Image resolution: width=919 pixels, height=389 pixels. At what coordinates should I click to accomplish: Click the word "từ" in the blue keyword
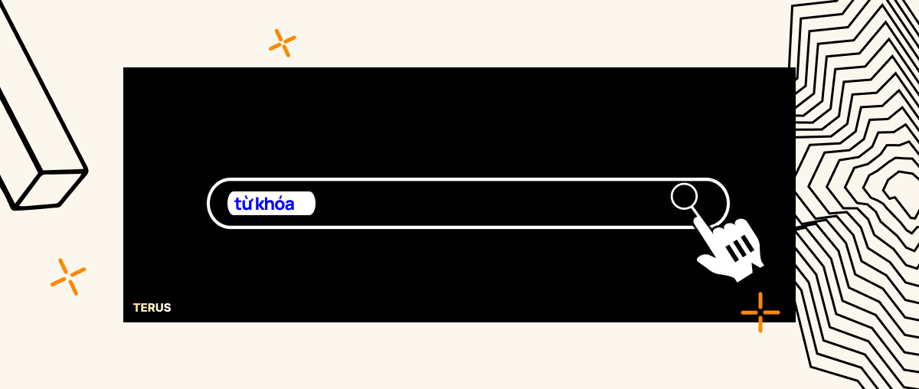pyautogui.click(x=244, y=204)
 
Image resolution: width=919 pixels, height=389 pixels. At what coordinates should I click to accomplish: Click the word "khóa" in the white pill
pyautogui.click(x=274, y=203)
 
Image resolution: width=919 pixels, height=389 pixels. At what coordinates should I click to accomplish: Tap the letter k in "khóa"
pyautogui.click(x=260, y=204)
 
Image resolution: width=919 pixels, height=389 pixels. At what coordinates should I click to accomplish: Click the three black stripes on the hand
pyautogui.click(x=740, y=247)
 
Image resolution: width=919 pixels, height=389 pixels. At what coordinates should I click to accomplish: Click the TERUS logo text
pyautogui.click(x=152, y=308)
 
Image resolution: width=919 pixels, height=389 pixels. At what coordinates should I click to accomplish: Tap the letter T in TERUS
pyautogui.click(x=136, y=308)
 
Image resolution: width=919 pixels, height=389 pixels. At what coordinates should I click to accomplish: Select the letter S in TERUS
pyautogui.click(x=167, y=308)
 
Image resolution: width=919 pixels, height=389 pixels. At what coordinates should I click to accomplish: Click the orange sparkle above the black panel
pyautogui.click(x=283, y=43)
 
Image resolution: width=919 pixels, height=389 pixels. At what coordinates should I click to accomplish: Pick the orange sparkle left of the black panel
pyautogui.click(x=68, y=276)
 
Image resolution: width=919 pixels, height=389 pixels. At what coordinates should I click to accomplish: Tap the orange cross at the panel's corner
pyautogui.click(x=760, y=312)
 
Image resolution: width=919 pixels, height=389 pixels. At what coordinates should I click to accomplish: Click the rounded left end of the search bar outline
pyautogui.click(x=209, y=203)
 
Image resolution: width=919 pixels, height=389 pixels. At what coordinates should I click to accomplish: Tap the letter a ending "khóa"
pyautogui.click(x=289, y=204)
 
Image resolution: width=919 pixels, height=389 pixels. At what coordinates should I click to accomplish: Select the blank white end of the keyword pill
pyautogui.click(x=306, y=203)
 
